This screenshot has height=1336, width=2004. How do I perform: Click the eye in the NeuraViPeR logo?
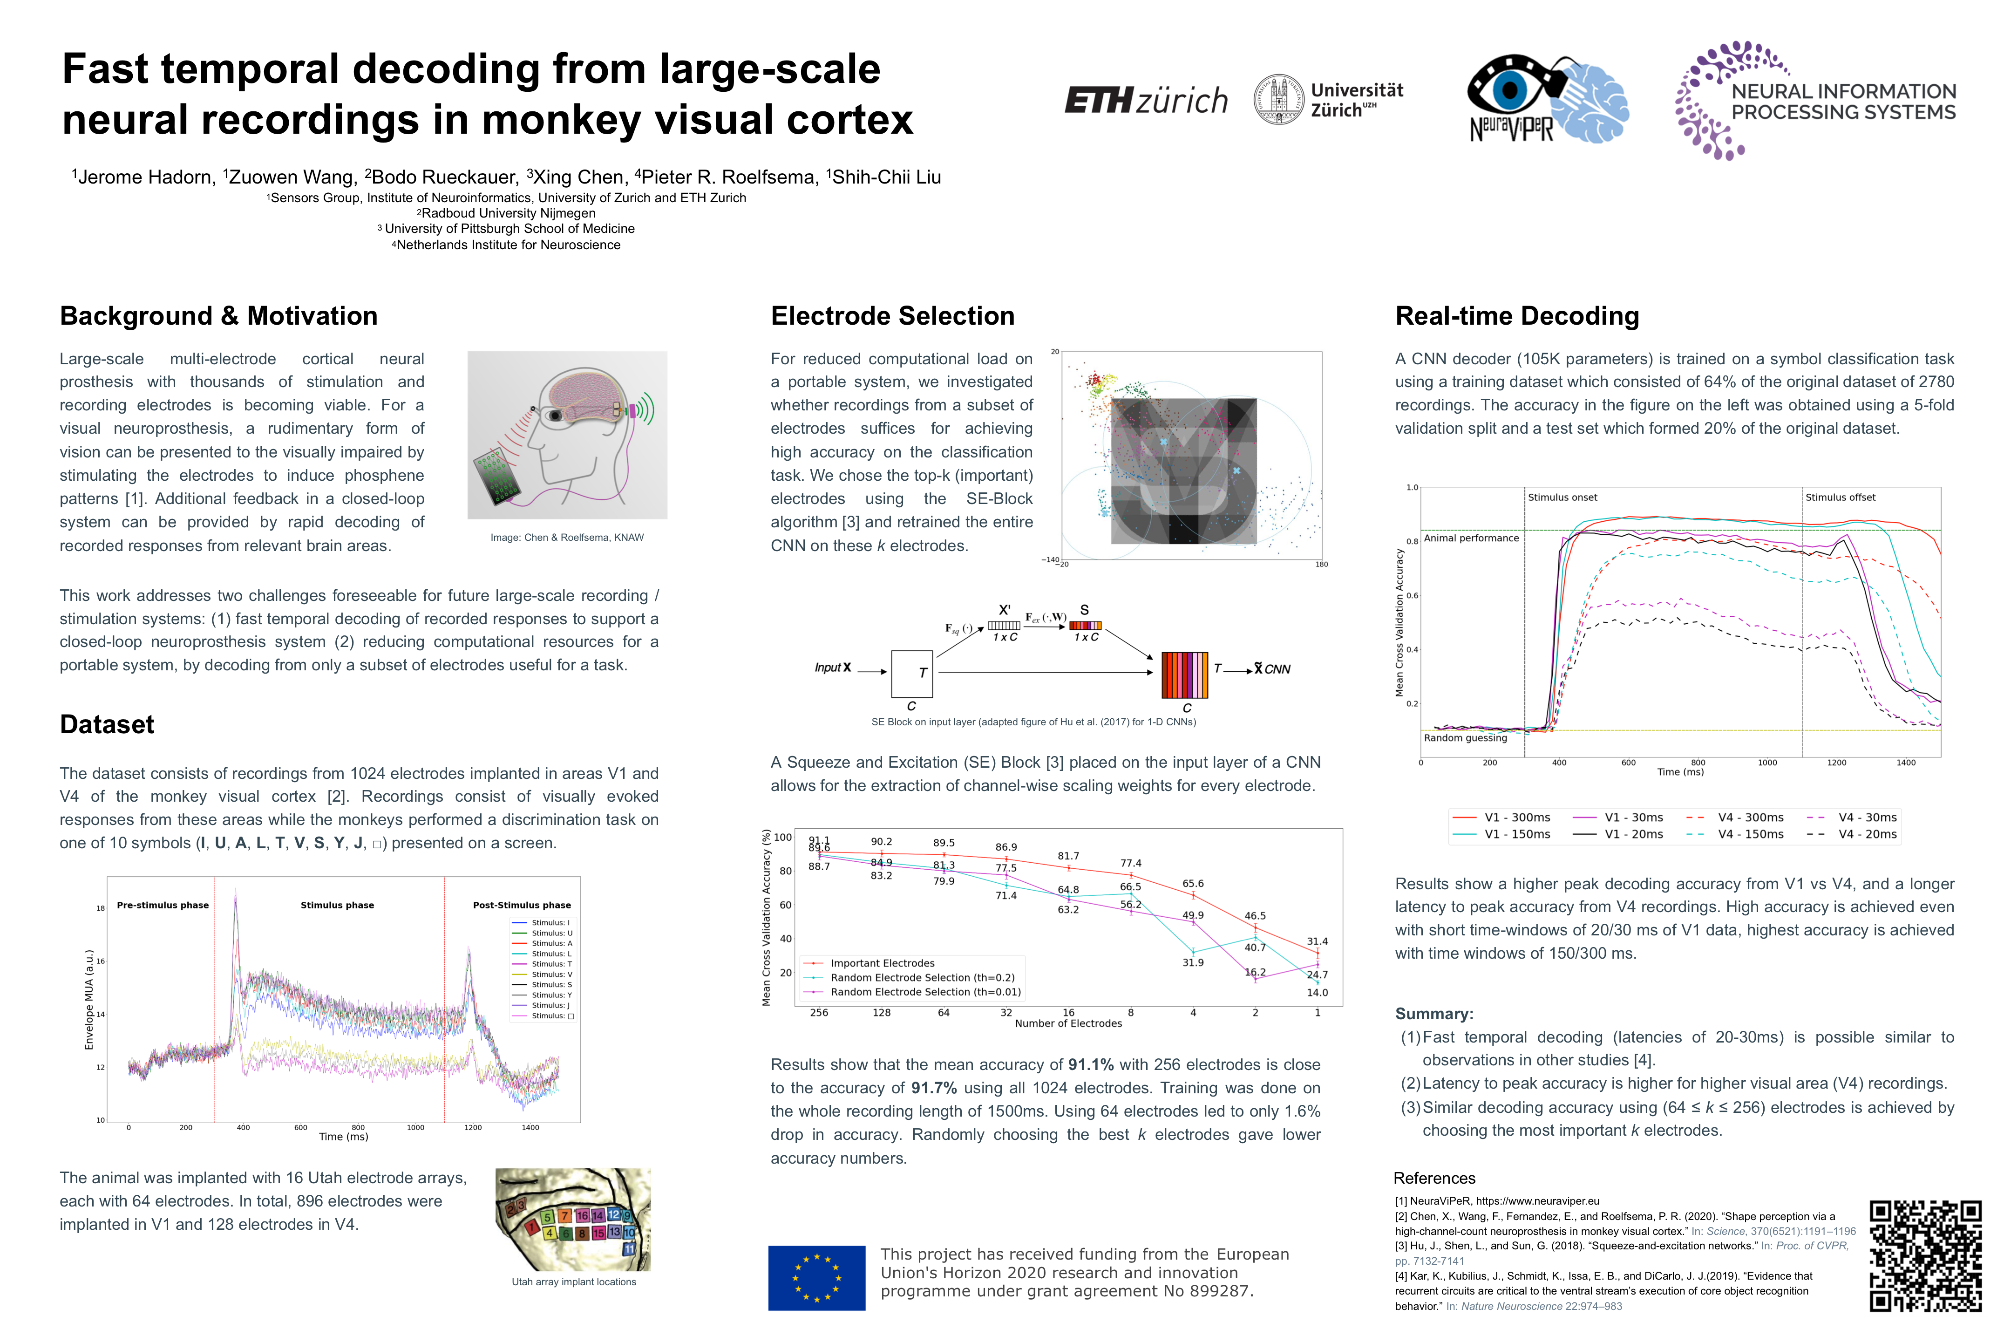coord(1509,88)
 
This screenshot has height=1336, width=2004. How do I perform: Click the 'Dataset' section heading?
coord(107,724)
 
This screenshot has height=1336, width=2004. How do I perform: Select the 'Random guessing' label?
coord(1464,738)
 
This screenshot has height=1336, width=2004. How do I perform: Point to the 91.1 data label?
coord(818,840)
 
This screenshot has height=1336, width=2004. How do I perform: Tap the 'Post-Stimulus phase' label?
coord(521,905)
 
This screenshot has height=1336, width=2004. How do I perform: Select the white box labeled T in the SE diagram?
coord(911,673)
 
